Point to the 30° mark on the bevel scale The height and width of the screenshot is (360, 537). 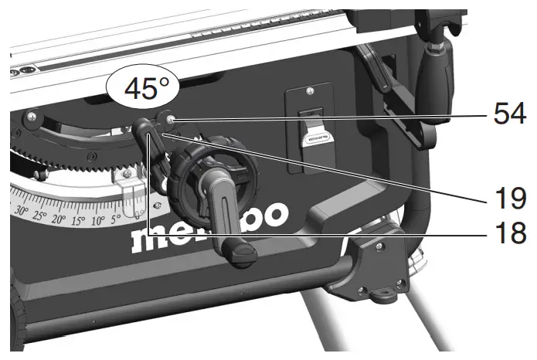[x=22, y=211]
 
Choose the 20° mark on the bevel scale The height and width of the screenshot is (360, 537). [x=59, y=219]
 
